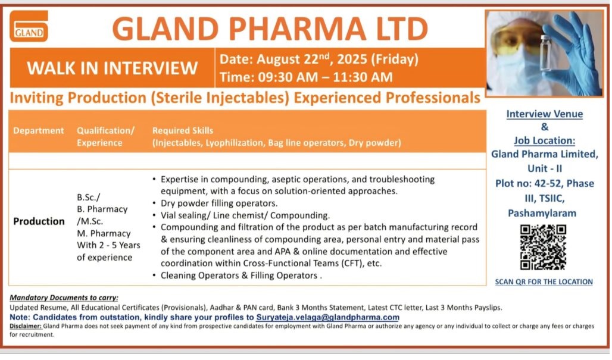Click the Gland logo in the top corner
pos(29,26)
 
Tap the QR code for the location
pos(543,248)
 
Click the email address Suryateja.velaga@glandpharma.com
pos(327,318)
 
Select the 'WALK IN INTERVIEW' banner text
pos(112,68)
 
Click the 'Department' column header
pos(38,131)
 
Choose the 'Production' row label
pos(39,221)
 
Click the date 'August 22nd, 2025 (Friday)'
pos(338,59)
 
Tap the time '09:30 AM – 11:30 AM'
pos(325,77)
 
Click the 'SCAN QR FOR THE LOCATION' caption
pos(544,281)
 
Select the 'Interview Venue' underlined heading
pos(545,114)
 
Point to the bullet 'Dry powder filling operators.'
pos(219,204)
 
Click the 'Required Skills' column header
pos(183,131)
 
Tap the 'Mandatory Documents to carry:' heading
pos(64,298)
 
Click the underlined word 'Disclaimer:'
pos(26,326)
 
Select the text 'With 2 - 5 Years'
pos(108,245)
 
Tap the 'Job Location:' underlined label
pos(545,140)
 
